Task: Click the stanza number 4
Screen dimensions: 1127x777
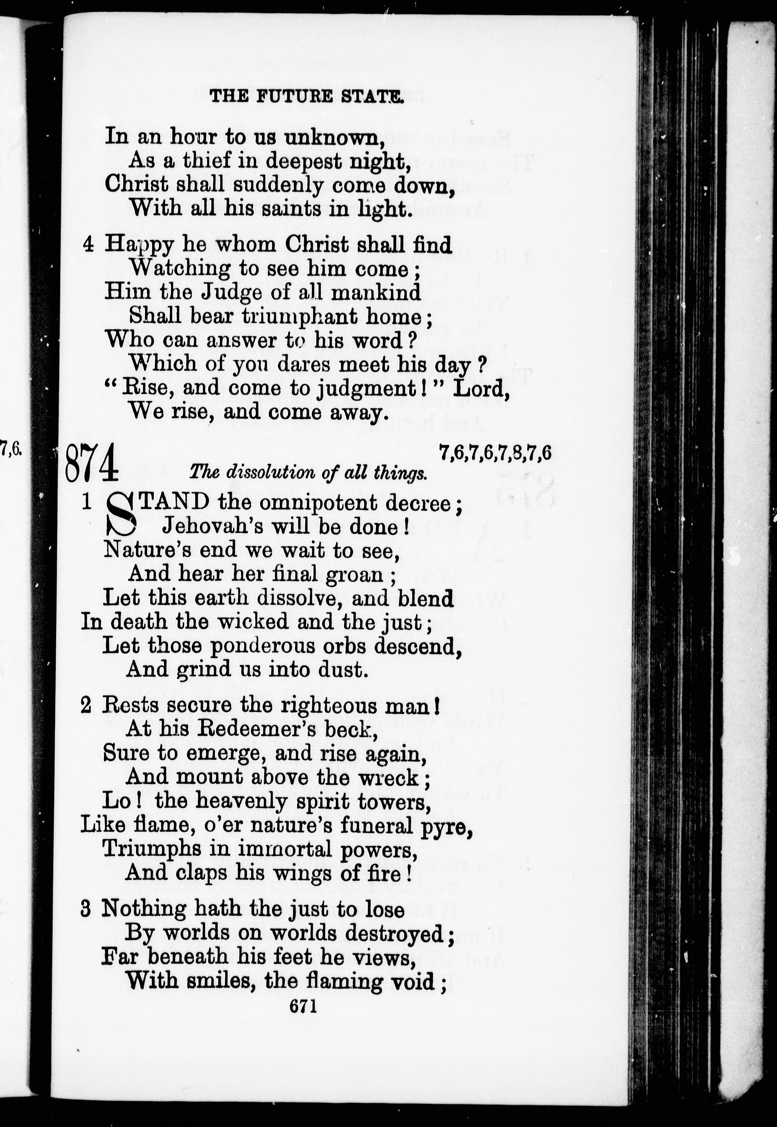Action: pos(88,245)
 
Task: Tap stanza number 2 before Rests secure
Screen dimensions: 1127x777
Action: pos(86,706)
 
